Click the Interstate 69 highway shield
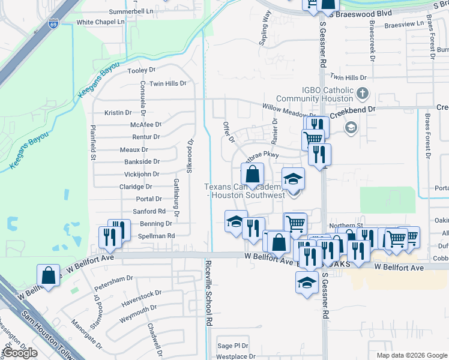click(x=53, y=24)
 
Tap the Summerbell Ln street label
click(x=131, y=11)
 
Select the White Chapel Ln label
click(x=100, y=22)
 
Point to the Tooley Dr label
click(x=142, y=71)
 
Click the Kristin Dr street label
click(x=118, y=112)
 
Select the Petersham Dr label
click(x=113, y=279)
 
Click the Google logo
click(x=19, y=353)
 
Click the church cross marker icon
click(x=362, y=94)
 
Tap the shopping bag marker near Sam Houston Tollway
click(x=48, y=277)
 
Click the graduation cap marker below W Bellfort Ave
click(x=307, y=283)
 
